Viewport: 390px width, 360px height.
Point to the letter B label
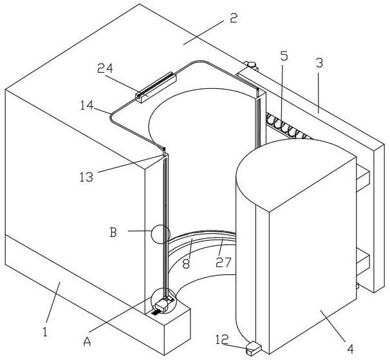coord(113,232)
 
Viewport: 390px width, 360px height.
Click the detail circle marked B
coord(160,233)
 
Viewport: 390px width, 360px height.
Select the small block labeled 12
coord(251,348)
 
